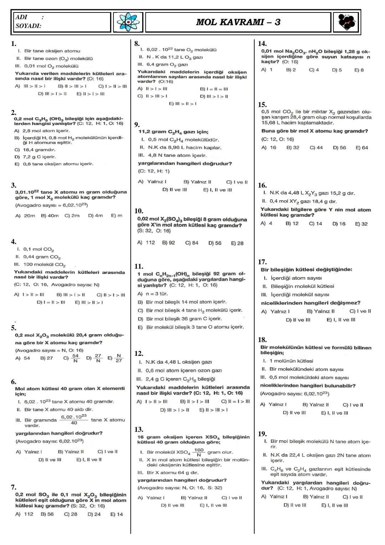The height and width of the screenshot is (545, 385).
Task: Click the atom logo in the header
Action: [x=128, y=22]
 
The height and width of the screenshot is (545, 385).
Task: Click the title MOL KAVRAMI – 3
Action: [x=238, y=22]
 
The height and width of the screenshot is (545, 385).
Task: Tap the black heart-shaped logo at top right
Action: [x=346, y=22]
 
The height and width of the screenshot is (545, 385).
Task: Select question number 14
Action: [x=262, y=44]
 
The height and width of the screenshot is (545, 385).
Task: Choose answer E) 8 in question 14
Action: [x=359, y=70]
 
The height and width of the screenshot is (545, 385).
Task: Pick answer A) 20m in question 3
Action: [x=25, y=216]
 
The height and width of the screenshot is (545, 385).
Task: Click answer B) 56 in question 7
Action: [x=47, y=514]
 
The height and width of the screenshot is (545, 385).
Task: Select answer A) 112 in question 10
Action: [x=146, y=243]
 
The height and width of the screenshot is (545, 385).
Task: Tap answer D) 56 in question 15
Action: [x=339, y=147]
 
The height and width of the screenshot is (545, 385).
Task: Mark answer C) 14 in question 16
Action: [x=315, y=224]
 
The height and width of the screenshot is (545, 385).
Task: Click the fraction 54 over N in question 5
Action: [x=75, y=358]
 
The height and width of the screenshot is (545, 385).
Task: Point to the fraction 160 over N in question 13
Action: [x=199, y=452]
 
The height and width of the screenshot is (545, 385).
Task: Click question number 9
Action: [x=137, y=125]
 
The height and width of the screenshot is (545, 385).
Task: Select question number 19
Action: [x=262, y=434]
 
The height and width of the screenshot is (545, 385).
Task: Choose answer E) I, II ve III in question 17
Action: [x=341, y=320]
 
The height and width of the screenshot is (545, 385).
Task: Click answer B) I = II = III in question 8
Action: [x=214, y=89]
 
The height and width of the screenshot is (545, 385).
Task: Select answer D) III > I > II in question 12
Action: [x=175, y=410]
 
